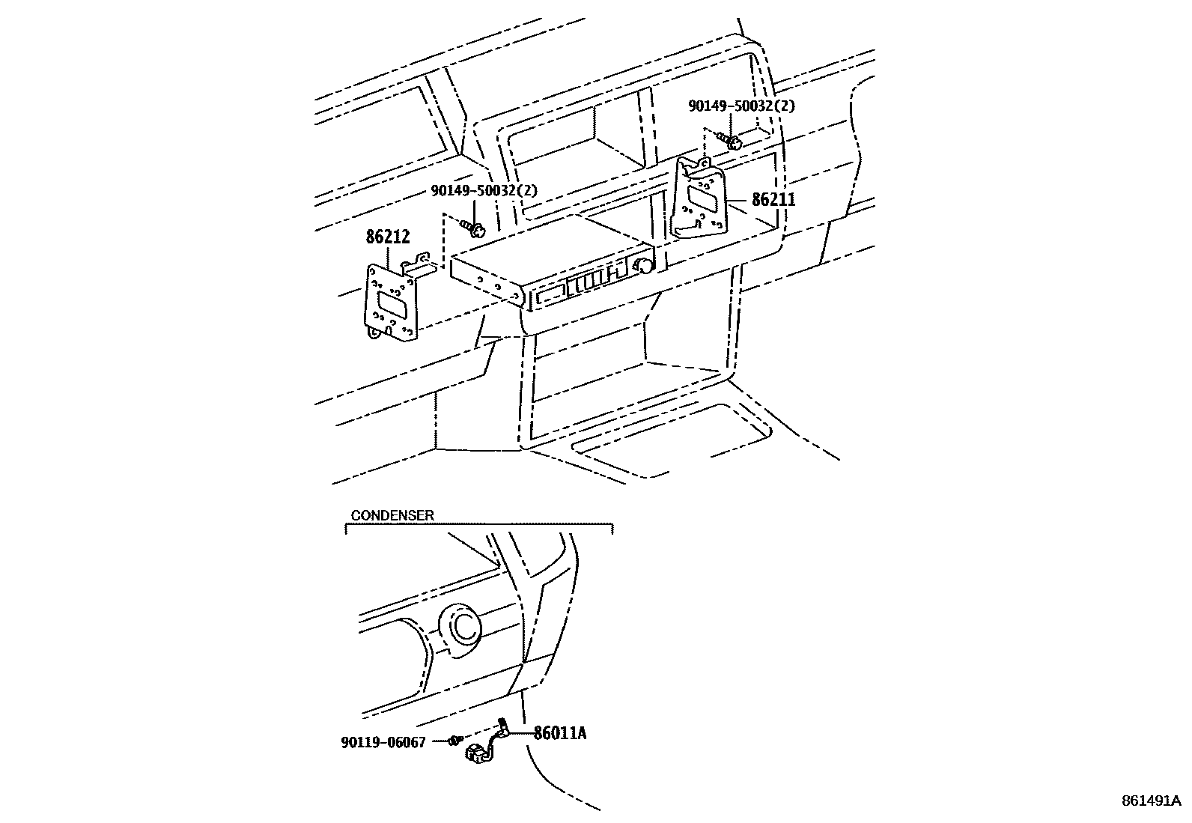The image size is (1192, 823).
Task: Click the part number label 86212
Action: point(388,237)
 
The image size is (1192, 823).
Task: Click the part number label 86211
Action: point(773,200)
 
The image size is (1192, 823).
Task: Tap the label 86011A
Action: point(559,733)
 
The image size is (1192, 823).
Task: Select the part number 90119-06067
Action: point(383,742)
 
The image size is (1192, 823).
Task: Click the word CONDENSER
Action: point(392,515)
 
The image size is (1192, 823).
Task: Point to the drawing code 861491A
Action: point(1150,801)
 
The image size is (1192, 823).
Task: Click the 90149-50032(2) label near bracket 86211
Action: point(741,106)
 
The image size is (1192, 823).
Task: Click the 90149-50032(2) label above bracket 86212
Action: point(484,191)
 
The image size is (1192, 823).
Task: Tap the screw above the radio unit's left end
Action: point(474,226)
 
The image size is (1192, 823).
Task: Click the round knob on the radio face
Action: point(642,265)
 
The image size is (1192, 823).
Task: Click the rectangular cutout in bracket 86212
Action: point(392,303)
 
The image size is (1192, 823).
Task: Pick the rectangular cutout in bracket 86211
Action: point(704,198)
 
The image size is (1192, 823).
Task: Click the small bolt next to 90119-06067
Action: point(453,741)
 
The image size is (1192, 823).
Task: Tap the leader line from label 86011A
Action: point(522,733)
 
